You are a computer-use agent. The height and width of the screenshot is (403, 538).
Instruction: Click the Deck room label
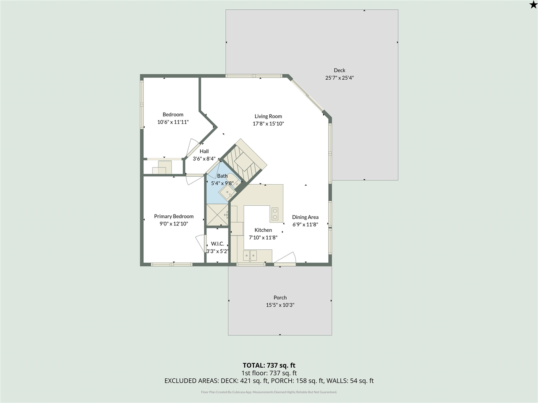point(339,70)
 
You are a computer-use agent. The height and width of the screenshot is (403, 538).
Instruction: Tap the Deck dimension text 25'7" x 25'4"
point(339,78)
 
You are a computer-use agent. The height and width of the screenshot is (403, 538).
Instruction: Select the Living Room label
point(268,116)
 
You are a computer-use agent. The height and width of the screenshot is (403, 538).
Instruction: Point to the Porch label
point(280,298)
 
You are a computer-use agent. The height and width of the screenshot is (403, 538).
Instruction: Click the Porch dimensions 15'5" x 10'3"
point(280,305)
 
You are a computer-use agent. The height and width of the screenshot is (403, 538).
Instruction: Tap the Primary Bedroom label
point(174,216)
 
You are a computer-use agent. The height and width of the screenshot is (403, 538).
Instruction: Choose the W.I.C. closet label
point(217,243)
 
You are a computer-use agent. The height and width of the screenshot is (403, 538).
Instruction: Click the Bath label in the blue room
point(222,176)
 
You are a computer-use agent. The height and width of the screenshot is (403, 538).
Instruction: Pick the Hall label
point(204,151)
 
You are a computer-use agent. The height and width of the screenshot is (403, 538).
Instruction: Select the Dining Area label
point(305,217)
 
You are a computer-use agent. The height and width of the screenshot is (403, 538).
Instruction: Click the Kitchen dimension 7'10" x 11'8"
point(263,238)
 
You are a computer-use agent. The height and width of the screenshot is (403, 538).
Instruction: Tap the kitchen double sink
point(251,255)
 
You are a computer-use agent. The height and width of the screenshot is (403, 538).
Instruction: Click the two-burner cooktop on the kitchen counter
point(275,214)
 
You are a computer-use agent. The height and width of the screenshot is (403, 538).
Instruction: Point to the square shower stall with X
point(217,215)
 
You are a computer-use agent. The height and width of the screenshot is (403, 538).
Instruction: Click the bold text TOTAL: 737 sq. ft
point(272,365)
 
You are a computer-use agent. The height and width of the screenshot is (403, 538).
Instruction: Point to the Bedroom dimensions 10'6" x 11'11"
point(173,122)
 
